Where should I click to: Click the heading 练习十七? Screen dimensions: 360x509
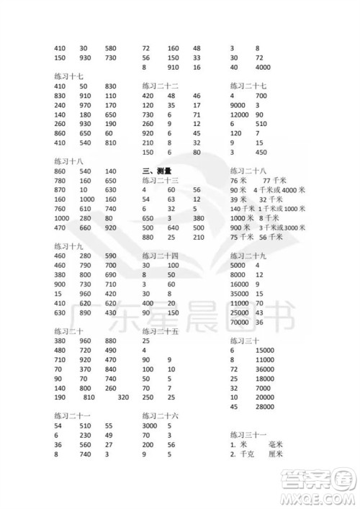68,76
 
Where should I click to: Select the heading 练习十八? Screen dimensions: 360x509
68,161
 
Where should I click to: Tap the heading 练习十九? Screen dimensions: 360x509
68,246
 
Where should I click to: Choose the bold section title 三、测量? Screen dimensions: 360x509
156,171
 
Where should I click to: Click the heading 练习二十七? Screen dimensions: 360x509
248,85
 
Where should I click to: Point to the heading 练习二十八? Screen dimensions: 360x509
248,171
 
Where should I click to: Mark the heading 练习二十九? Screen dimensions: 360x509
248,256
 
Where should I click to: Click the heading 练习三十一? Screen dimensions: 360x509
248,435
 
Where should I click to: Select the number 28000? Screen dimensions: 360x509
265,406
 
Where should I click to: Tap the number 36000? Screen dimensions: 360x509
265,369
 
